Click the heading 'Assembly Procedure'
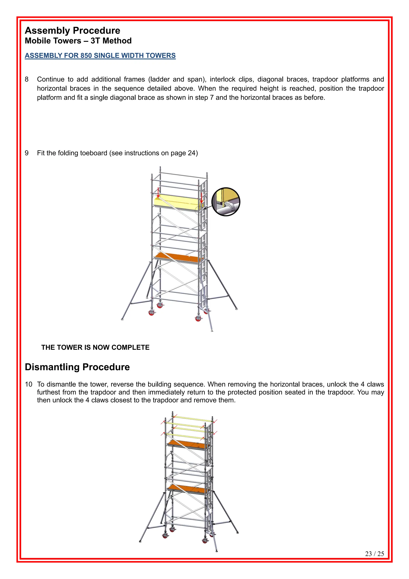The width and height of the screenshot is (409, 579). [x=72, y=31]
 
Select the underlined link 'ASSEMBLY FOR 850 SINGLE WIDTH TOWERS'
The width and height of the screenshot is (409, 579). [x=100, y=55]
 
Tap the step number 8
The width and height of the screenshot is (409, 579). [x=27, y=79]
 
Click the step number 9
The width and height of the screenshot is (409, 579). [x=27, y=153]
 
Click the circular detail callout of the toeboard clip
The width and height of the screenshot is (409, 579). [x=226, y=202]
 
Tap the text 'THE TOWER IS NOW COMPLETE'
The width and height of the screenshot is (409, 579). [x=95, y=347]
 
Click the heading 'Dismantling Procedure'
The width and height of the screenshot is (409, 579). [x=77, y=367]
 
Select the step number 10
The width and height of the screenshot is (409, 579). [x=29, y=384]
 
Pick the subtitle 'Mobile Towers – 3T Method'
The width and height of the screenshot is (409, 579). [x=78, y=41]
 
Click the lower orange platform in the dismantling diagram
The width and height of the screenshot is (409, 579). [x=188, y=489]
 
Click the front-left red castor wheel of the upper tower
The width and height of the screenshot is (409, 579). [x=152, y=313]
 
